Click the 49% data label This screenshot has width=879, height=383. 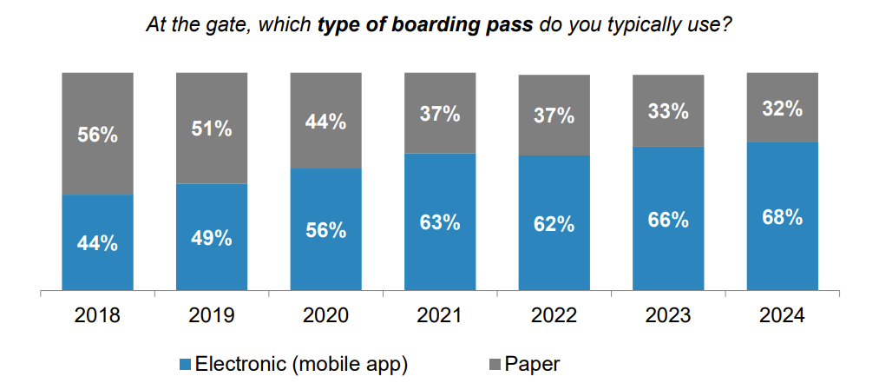[211, 238]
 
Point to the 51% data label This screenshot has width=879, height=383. [211, 129]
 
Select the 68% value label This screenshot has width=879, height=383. [782, 216]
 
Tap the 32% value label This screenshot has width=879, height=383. [782, 109]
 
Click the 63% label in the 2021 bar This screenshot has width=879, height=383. [439, 222]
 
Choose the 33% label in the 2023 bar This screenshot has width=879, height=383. [668, 111]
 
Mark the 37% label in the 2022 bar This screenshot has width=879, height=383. [554, 116]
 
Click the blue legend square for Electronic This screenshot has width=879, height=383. [185, 364]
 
